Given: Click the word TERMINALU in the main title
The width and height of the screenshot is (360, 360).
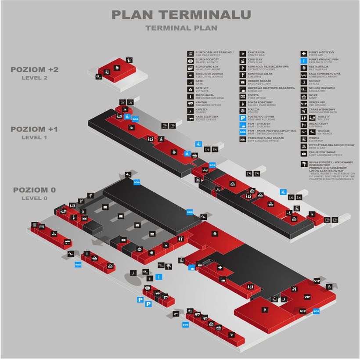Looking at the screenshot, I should (x=205, y=14).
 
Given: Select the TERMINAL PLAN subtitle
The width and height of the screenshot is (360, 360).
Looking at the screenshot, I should (x=181, y=28).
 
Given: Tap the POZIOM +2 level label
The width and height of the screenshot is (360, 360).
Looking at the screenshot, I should (x=35, y=70).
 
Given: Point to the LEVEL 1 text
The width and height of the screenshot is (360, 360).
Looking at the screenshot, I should (x=34, y=137).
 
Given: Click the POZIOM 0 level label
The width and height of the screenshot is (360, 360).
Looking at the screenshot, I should (x=34, y=190).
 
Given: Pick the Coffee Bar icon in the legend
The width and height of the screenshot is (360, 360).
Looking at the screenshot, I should (x=243, y=54).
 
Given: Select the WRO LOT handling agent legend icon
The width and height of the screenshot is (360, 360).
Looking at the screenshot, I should (x=191, y=68).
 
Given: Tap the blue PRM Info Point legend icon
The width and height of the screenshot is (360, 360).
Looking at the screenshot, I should (x=303, y=61).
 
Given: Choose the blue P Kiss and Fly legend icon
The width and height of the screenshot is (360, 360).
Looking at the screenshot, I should (x=243, y=118).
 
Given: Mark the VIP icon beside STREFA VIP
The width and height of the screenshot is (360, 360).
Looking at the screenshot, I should (x=303, y=104).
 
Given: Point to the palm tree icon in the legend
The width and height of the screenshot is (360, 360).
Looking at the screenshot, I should (x=303, y=163).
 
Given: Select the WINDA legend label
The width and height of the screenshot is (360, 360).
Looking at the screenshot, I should (x=314, y=138).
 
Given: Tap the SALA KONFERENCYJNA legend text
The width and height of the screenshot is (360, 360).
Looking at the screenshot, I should (x=324, y=73).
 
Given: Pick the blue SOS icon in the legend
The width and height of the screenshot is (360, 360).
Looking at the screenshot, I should (x=243, y=132).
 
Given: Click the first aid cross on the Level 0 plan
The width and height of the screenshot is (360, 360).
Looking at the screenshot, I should (x=220, y=268).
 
